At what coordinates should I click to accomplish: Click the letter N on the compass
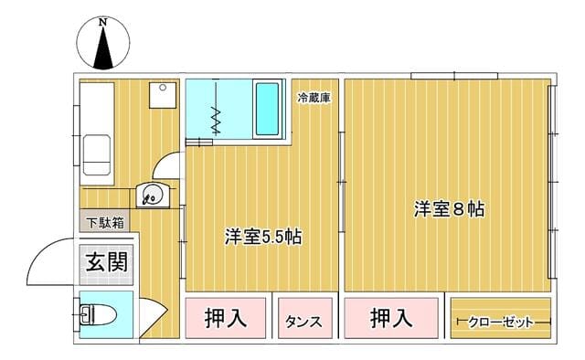[x=103, y=22]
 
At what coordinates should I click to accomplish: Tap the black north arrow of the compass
[x=103, y=48]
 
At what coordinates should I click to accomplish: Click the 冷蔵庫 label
[x=314, y=98]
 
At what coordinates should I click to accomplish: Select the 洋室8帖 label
[x=449, y=209]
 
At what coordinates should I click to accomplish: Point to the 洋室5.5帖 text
[x=263, y=236]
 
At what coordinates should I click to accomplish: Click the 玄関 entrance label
[x=107, y=262]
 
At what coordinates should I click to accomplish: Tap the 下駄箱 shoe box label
[x=105, y=223]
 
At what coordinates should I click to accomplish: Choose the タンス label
[x=303, y=322]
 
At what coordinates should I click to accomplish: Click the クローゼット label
[x=501, y=322]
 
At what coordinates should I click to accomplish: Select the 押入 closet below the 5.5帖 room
[x=226, y=318]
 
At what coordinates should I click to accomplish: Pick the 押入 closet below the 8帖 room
[x=391, y=318]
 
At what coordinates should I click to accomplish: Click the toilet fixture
[x=98, y=315]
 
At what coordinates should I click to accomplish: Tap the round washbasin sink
[x=152, y=195]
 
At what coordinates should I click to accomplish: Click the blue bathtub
[x=268, y=109]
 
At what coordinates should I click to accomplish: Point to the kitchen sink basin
[x=97, y=154]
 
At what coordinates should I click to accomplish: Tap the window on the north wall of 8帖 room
[x=454, y=76]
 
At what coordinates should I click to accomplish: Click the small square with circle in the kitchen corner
[x=163, y=96]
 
